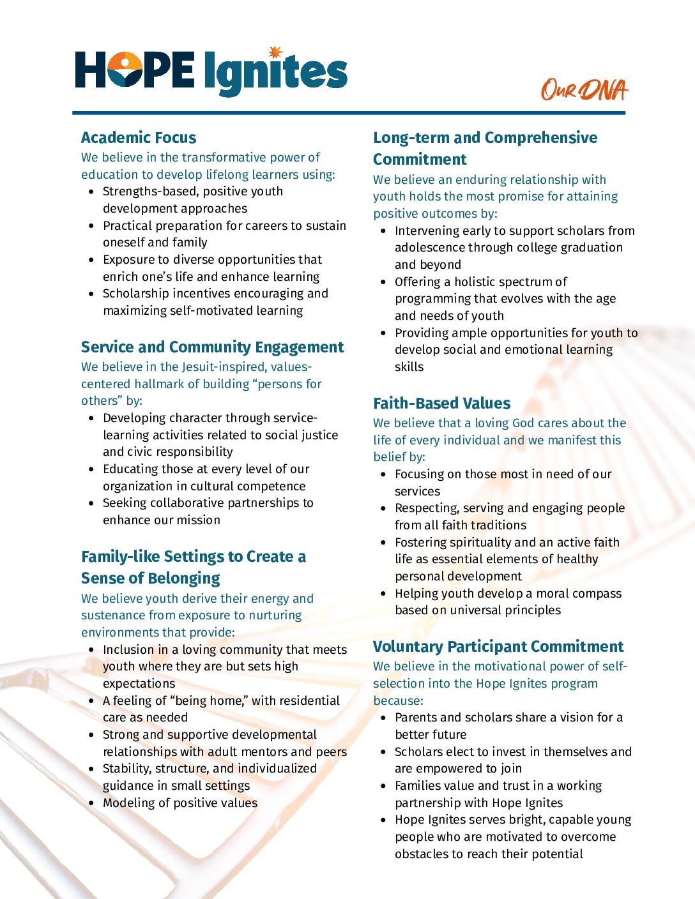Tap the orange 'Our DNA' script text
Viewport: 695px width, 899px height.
click(584, 90)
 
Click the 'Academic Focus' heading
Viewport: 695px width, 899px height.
click(139, 137)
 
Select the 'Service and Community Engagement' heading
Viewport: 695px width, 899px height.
click(212, 347)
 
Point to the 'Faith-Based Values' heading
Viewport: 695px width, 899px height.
click(441, 403)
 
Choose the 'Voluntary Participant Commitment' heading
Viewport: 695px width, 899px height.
click(498, 646)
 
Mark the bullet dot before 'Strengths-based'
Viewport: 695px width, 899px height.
click(91, 192)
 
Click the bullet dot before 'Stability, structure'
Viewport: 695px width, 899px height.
click(91, 769)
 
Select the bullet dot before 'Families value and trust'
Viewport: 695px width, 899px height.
click(383, 786)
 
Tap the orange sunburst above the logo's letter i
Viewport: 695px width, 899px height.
click(275, 52)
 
